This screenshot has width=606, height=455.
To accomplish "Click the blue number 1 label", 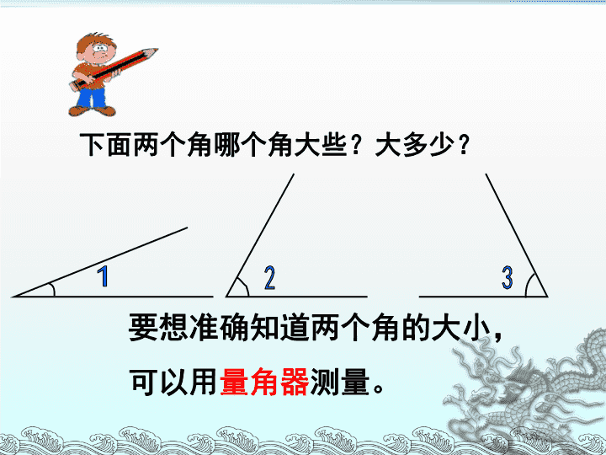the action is [x=104, y=276].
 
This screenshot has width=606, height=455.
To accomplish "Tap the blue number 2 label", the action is [x=270, y=278].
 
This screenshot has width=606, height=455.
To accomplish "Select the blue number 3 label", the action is [x=507, y=277].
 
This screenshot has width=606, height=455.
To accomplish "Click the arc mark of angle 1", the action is [x=53, y=289].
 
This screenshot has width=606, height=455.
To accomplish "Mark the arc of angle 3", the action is [x=529, y=285].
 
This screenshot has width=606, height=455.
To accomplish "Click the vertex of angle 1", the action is [x=13, y=297].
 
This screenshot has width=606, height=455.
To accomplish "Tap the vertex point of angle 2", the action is [x=226, y=297].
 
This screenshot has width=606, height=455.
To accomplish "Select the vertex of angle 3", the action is [x=547, y=297].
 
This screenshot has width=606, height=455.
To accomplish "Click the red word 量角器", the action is [x=264, y=382].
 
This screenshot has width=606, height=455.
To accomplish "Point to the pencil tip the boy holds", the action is [x=156, y=50].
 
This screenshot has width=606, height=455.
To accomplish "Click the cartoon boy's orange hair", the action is [x=94, y=40].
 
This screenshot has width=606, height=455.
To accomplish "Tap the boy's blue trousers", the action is [x=91, y=98].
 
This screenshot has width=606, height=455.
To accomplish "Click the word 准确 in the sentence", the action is [x=221, y=327].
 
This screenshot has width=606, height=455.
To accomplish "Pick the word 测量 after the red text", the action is [x=339, y=382].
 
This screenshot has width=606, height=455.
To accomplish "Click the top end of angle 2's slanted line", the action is [x=294, y=174].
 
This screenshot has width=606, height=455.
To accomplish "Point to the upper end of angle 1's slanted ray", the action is [x=188, y=227].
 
